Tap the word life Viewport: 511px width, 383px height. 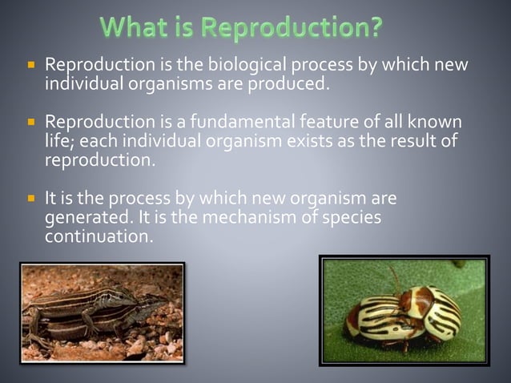[60, 141]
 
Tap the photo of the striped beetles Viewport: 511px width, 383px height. [404, 310]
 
